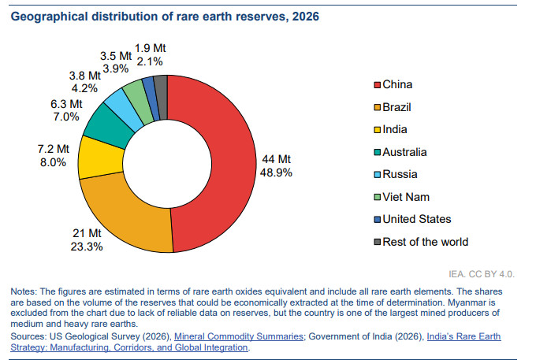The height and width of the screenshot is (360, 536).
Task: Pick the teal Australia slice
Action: point(105,125)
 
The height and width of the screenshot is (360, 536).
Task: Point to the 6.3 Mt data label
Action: point(65,103)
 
